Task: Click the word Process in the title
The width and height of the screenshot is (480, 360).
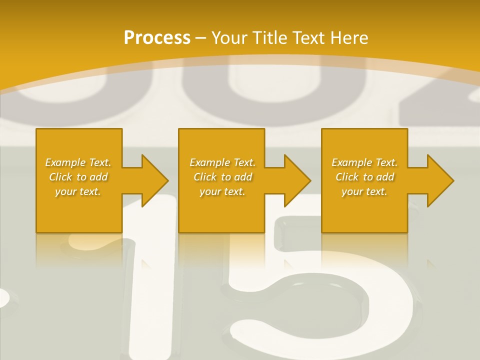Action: [157, 38]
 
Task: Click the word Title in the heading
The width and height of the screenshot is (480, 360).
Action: [268, 38]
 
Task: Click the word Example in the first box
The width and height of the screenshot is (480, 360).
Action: [65, 162]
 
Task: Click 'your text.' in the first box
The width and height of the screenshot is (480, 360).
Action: [78, 191]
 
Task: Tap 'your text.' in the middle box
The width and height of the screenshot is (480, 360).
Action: [222, 191]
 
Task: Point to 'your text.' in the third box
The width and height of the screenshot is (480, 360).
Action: [364, 191]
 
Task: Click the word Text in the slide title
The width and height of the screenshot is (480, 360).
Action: [307, 38]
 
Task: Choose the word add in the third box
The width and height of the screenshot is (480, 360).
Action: [385, 177]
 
